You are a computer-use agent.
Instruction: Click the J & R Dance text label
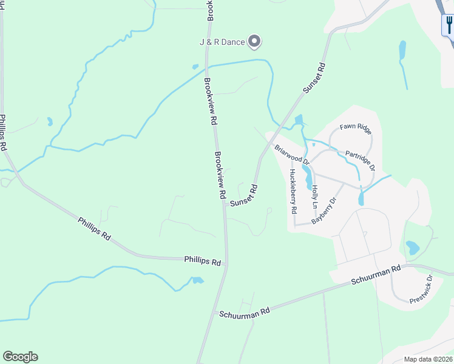click(222, 42)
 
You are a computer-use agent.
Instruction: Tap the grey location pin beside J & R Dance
click(255, 41)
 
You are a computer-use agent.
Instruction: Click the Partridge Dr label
click(361, 160)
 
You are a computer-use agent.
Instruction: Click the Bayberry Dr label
click(324, 211)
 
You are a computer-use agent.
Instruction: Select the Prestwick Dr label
click(420, 289)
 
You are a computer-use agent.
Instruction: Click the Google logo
click(20, 357)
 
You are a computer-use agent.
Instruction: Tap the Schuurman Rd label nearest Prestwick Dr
click(376, 275)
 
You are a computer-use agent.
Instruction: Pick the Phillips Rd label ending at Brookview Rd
click(202, 261)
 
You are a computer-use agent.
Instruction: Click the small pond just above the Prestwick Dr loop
click(412, 248)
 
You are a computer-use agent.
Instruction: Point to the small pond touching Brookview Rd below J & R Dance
click(195, 67)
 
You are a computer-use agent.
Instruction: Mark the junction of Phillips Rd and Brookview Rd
click(226, 263)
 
